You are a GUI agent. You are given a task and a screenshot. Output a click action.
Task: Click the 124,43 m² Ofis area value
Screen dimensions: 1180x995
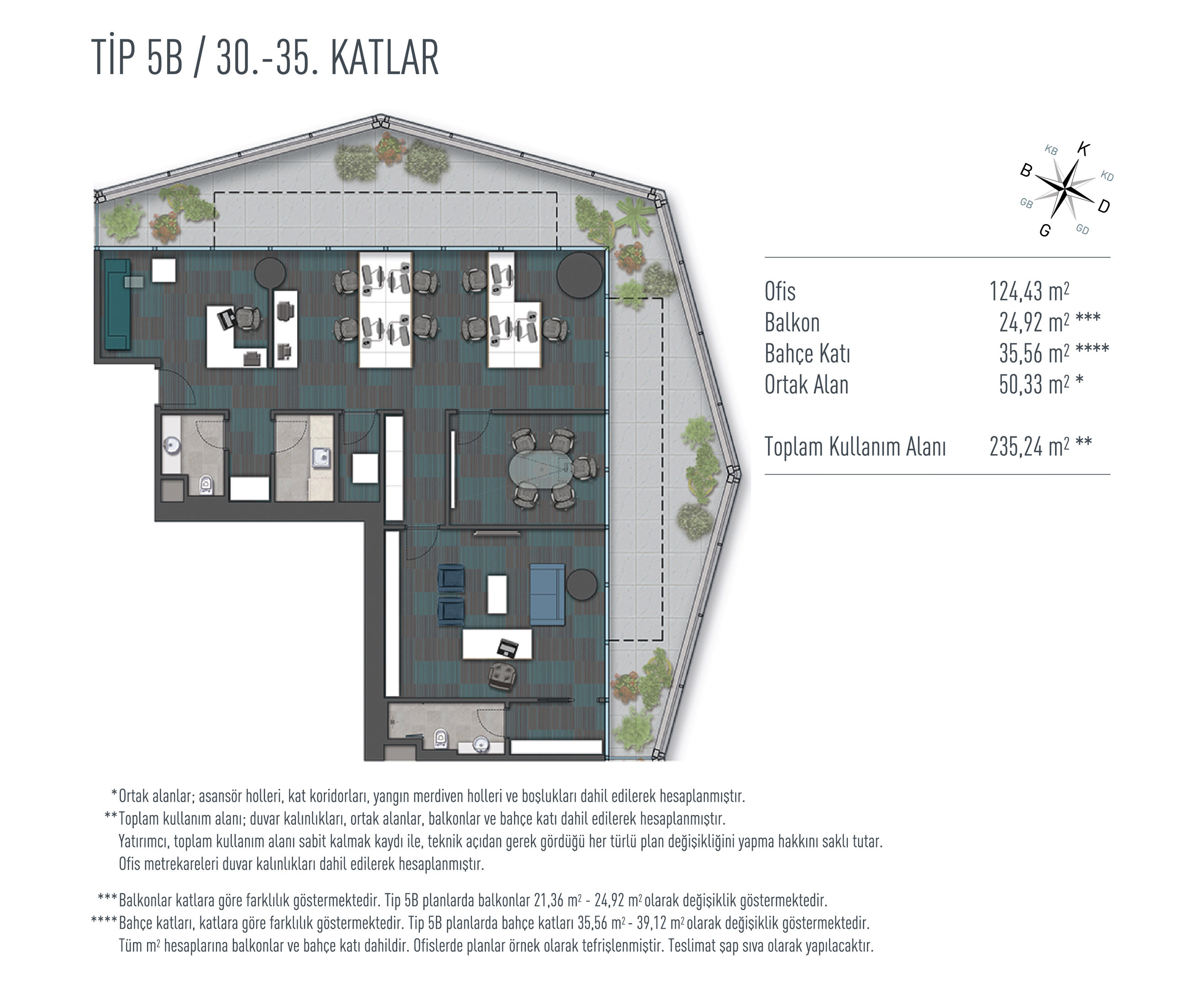point(1029,291)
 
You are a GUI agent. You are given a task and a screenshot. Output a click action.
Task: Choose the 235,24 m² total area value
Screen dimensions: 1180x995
point(1029,446)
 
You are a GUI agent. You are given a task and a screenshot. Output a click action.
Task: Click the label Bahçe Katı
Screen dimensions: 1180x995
point(807,354)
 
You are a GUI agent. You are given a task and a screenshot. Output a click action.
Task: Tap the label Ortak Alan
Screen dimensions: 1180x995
point(806,385)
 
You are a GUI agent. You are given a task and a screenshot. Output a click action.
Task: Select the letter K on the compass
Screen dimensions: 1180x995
point(1084,149)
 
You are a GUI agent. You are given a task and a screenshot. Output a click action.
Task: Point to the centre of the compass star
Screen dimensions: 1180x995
point(1065,189)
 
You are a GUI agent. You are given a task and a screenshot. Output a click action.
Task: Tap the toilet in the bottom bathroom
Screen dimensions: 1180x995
point(441,738)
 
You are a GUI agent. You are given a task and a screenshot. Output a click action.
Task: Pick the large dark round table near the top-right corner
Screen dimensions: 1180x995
point(579,275)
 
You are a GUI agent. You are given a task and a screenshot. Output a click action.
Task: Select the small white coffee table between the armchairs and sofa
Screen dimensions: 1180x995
point(497,593)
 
